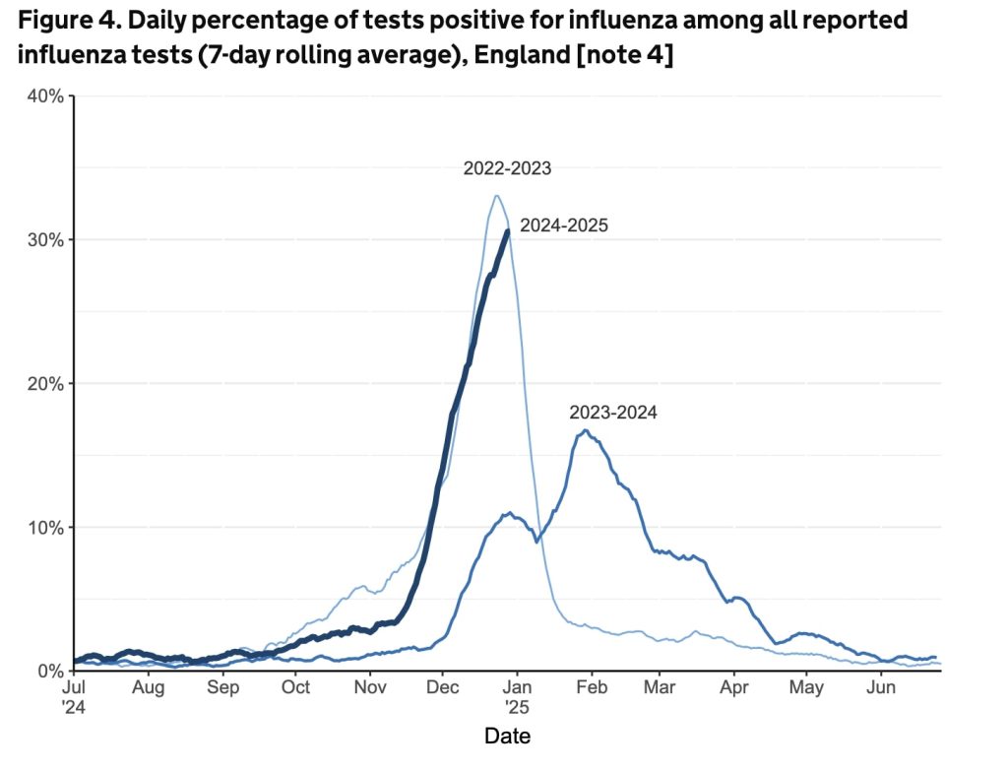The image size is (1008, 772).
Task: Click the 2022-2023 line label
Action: [x=507, y=168]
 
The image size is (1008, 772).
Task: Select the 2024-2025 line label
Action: [x=564, y=225]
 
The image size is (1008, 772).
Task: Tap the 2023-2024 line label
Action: [x=612, y=413]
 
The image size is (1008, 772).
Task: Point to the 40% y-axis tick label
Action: [x=46, y=96]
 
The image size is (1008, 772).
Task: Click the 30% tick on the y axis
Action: [x=46, y=240]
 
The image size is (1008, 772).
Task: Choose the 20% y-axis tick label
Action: [x=46, y=384]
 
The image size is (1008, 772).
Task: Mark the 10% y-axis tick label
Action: [x=46, y=528]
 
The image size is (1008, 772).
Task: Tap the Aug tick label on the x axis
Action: [x=148, y=688]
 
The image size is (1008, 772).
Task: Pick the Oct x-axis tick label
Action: [x=296, y=688]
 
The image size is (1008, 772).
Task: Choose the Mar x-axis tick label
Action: [x=659, y=688]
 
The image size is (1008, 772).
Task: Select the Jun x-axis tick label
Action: [x=880, y=688]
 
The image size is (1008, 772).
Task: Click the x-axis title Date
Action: [x=507, y=736]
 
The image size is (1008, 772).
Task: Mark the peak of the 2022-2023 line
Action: [x=497, y=195]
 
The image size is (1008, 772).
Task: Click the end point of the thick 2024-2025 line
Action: [x=507, y=230]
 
